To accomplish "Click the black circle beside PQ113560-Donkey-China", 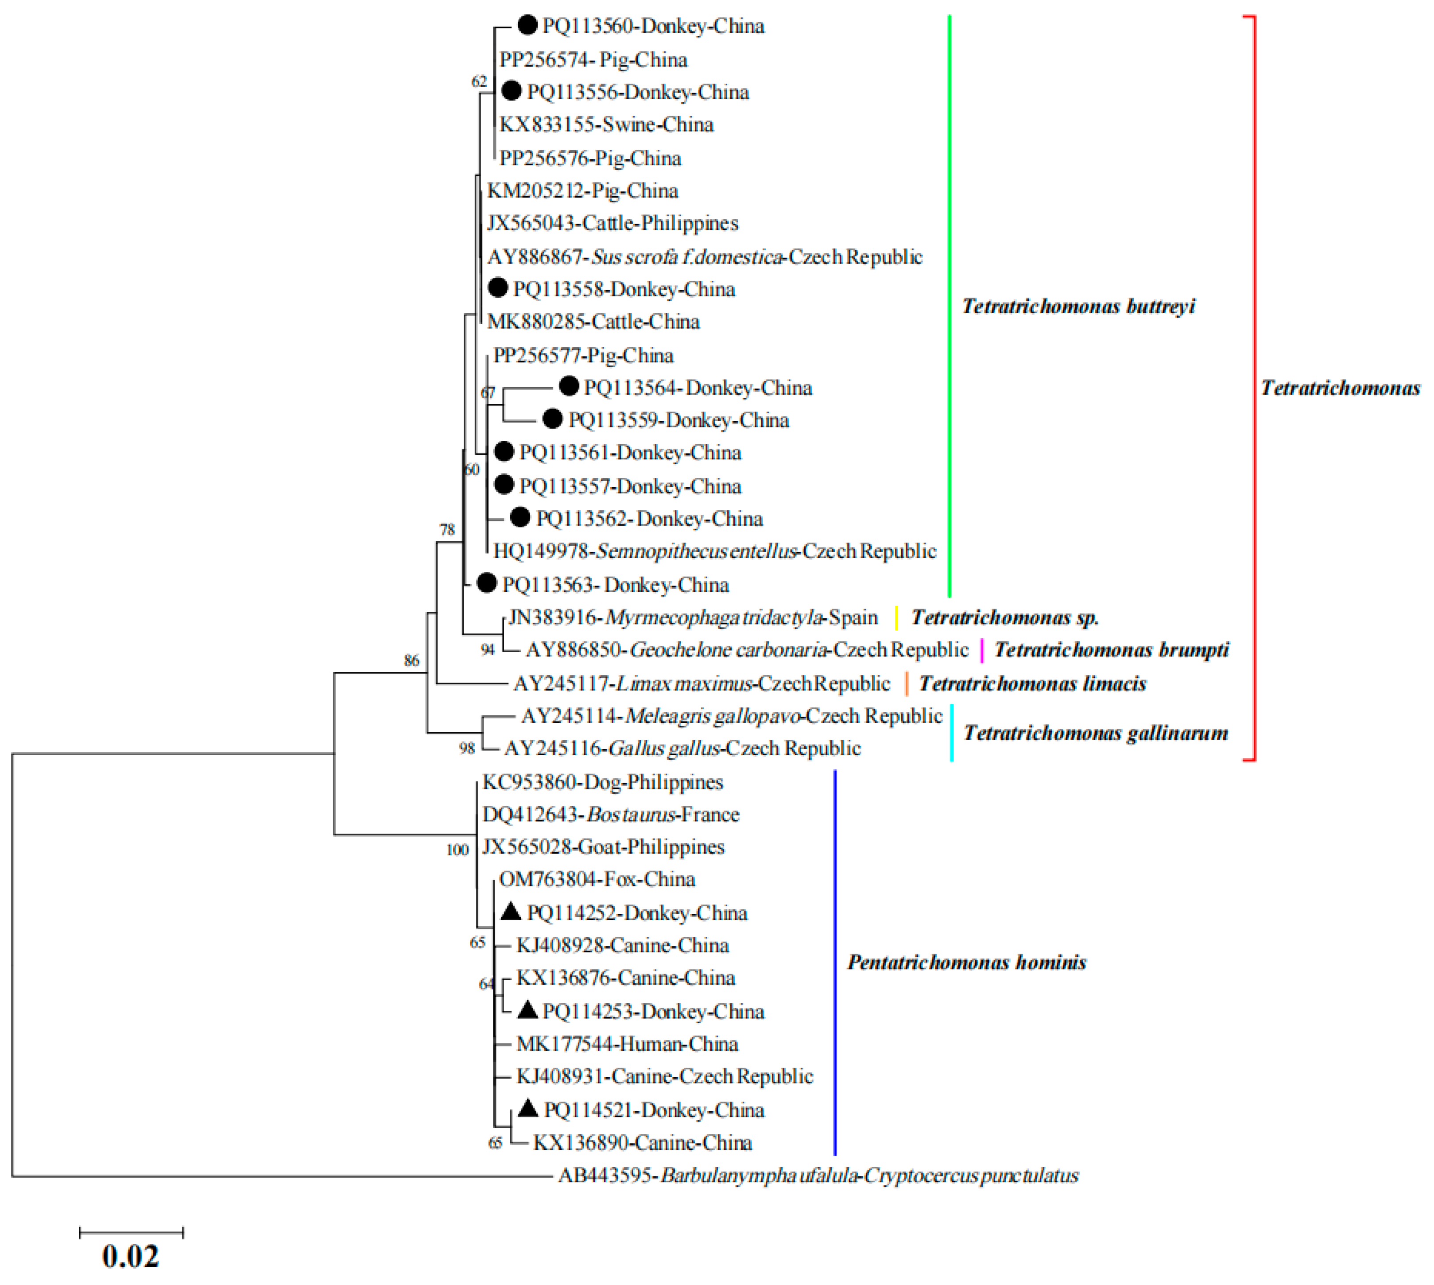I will click(x=527, y=25).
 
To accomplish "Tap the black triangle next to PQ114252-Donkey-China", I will click(x=511, y=912).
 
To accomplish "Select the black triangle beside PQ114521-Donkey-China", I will click(x=527, y=1109).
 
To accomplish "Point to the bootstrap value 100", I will click(x=457, y=850).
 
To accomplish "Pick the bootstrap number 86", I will click(x=411, y=661).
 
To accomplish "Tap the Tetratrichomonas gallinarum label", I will click(x=1095, y=733).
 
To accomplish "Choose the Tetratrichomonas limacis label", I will click(x=1032, y=683).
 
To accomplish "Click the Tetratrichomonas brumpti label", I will click(x=1111, y=649).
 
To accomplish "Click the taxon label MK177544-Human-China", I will click(x=627, y=1044).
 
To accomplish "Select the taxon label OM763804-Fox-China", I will click(x=597, y=879).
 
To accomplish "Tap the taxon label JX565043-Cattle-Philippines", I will click(x=612, y=223).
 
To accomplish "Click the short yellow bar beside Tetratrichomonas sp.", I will click(x=896, y=618).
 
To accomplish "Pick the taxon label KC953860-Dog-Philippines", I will click(x=602, y=782).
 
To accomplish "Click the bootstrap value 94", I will click(x=487, y=649).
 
